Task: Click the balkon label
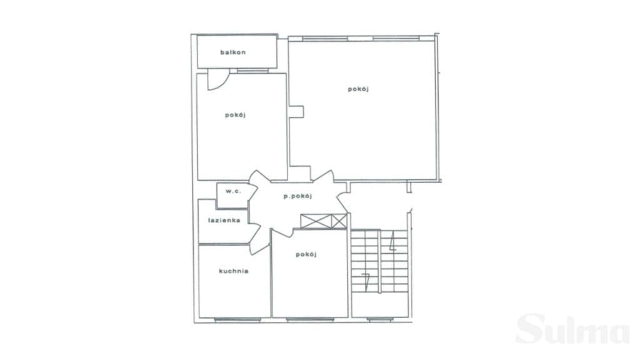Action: (x=233, y=52)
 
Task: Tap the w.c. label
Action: (x=234, y=191)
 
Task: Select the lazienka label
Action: (x=224, y=221)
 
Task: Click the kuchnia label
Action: (x=234, y=271)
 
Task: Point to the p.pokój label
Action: (x=298, y=196)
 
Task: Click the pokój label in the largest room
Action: (x=358, y=89)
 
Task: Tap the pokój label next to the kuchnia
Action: (x=306, y=255)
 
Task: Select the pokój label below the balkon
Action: (x=235, y=115)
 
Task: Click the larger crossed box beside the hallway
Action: (x=316, y=221)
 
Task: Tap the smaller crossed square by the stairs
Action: (x=339, y=221)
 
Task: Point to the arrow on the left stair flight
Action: (x=366, y=282)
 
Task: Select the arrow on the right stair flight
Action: (x=392, y=241)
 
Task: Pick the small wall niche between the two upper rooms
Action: (x=296, y=112)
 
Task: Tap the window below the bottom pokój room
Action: (x=310, y=320)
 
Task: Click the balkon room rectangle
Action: (x=237, y=52)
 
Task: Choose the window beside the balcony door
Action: (x=252, y=71)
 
